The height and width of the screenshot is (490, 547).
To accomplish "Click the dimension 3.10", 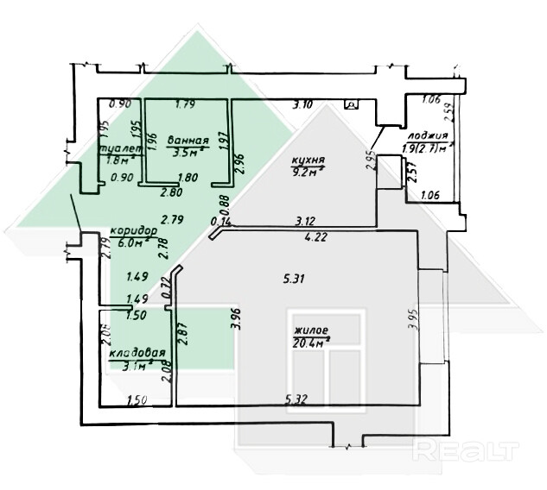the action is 302,105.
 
